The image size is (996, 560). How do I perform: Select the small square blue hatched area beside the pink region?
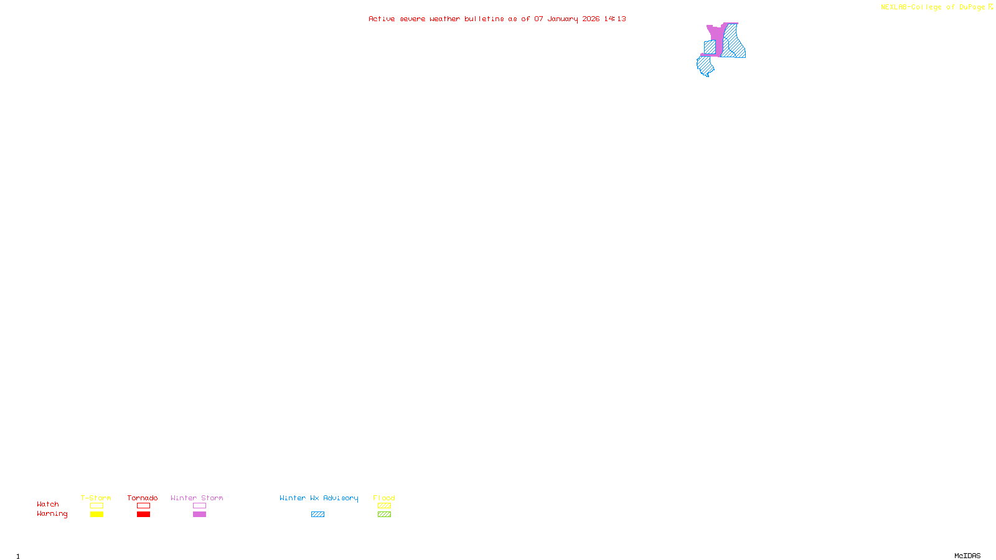tap(710, 47)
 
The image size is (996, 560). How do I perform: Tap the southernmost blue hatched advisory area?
tap(705, 65)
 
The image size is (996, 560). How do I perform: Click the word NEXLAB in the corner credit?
tap(893, 7)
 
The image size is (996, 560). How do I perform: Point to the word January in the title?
tap(562, 19)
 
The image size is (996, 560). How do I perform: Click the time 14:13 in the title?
tap(615, 19)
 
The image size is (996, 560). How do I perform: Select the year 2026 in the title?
tap(591, 19)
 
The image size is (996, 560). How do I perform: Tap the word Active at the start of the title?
tap(382, 19)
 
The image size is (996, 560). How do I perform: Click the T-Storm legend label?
tap(96, 498)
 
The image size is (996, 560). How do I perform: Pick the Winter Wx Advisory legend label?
tap(319, 498)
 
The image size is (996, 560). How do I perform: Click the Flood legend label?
tap(384, 498)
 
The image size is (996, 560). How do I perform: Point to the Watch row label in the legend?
tap(48, 504)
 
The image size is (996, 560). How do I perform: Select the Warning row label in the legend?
tap(52, 514)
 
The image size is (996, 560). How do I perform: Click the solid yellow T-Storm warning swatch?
tap(96, 515)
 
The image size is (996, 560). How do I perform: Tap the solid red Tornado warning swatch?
tap(143, 515)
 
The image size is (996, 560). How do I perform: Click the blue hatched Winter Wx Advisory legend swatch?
tap(317, 515)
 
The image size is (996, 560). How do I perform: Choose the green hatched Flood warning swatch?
tap(384, 515)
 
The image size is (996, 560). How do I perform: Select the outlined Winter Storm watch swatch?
tap(199, 506)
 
